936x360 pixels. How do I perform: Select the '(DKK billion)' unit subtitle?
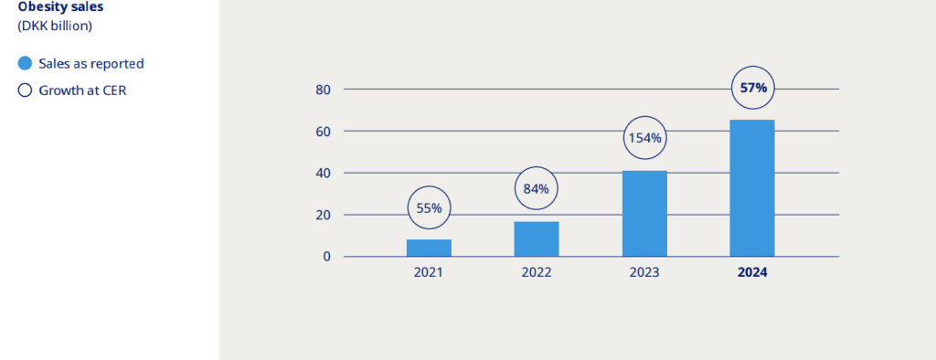click(56, 26)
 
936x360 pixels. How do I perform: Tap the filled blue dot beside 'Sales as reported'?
click(25, 64)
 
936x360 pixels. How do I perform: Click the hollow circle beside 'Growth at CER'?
click(25, 90)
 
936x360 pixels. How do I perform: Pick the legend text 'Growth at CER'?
click(81, 90)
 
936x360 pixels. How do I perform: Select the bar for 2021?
click(429, 248)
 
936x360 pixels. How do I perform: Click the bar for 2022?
click(537, 238)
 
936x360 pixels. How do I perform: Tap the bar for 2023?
click(644, 214)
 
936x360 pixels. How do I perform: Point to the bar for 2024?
click(752, 188)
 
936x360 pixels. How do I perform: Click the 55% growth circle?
click(429, 207)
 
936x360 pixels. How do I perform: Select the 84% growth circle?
click(537, 189)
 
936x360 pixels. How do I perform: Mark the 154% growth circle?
click(644, 139)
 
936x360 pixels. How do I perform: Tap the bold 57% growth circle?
click(753, 89)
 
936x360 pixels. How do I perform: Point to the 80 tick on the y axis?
click(323, 90)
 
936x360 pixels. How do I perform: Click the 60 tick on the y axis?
click(323, 132)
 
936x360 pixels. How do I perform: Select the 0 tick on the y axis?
click(326, 257)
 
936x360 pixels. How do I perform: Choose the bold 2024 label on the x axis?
click(752, 273)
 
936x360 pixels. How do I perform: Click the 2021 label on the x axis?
click(429, 273)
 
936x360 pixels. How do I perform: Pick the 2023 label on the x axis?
click(644, 273)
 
